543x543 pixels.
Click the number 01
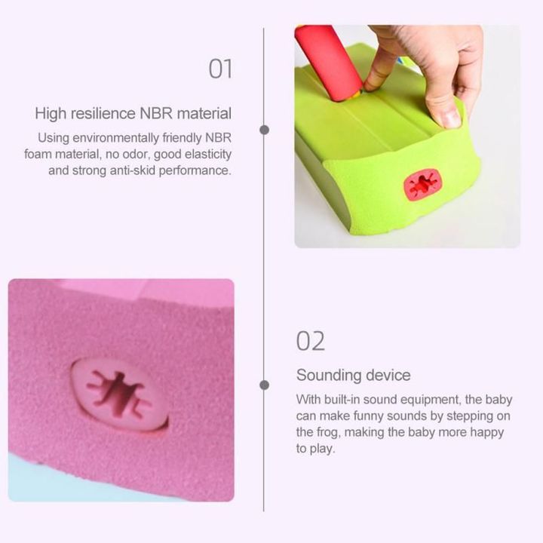pyautogui.click(x=220, y=69)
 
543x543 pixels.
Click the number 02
pyautogui.click(x=311, y=341)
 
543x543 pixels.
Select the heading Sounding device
pyautogui.click(x=353, y=375)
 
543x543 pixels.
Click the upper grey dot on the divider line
pyautogui.click(x=264, y=130)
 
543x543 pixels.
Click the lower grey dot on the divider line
pyautogui.click(x=264, y=385)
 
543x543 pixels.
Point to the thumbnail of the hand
pyautogui.click(x=450, y=117)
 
